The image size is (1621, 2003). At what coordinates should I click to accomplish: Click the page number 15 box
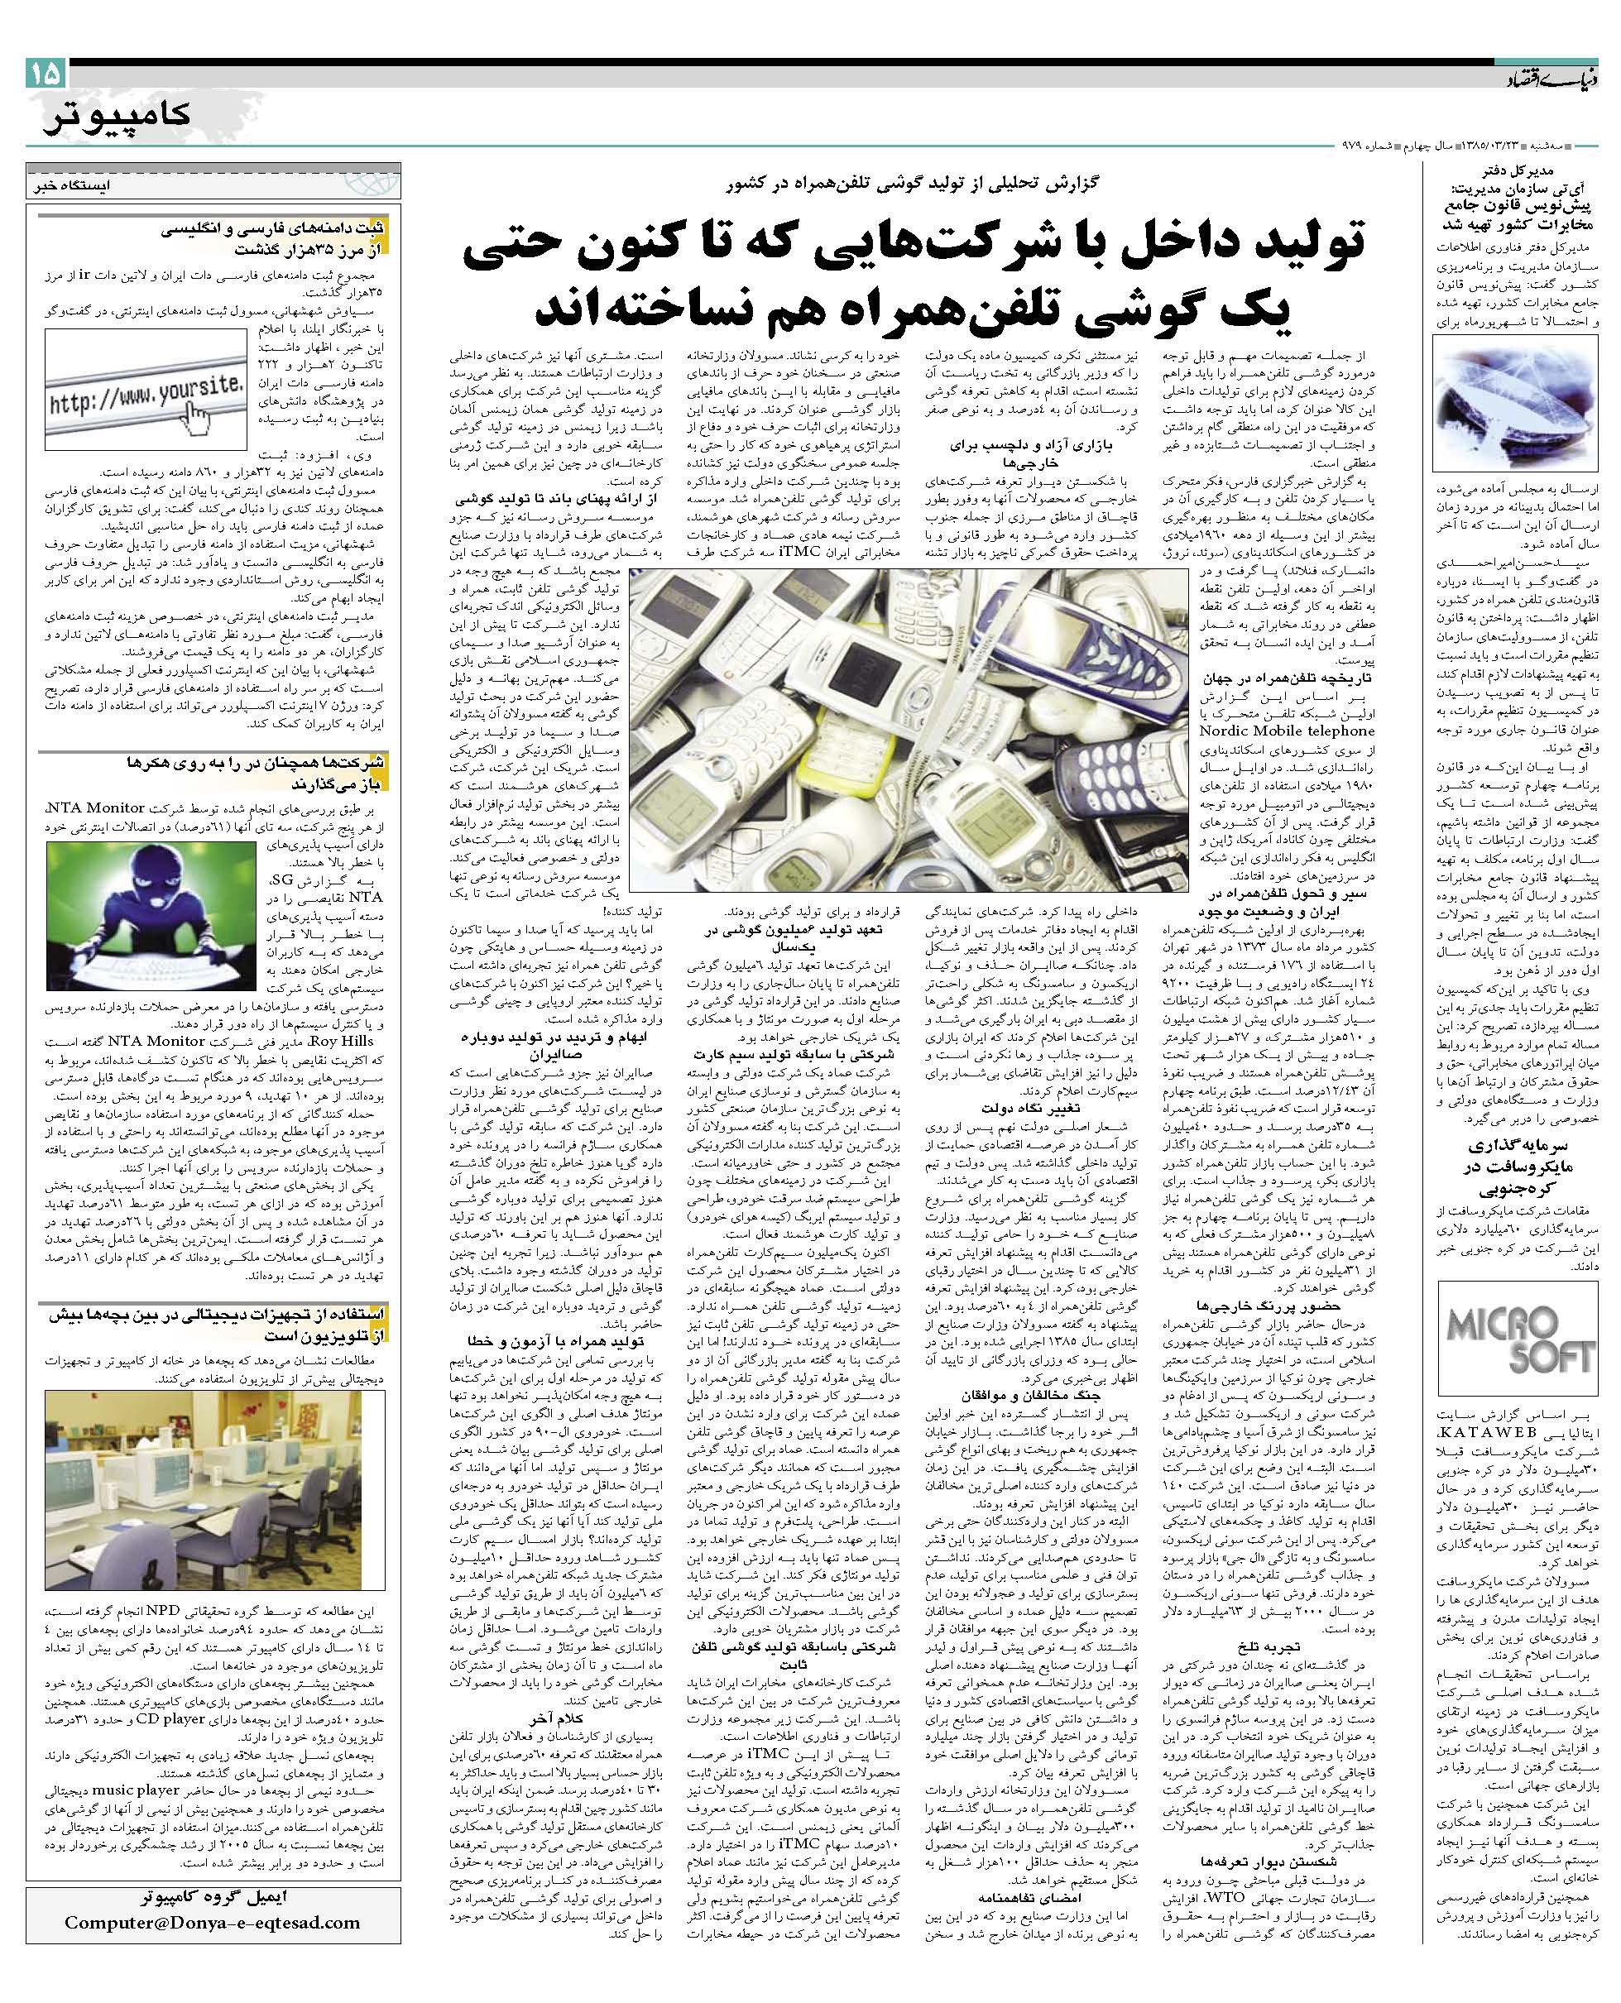(46, 73)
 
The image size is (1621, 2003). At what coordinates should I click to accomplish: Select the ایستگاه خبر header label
(70, 184)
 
